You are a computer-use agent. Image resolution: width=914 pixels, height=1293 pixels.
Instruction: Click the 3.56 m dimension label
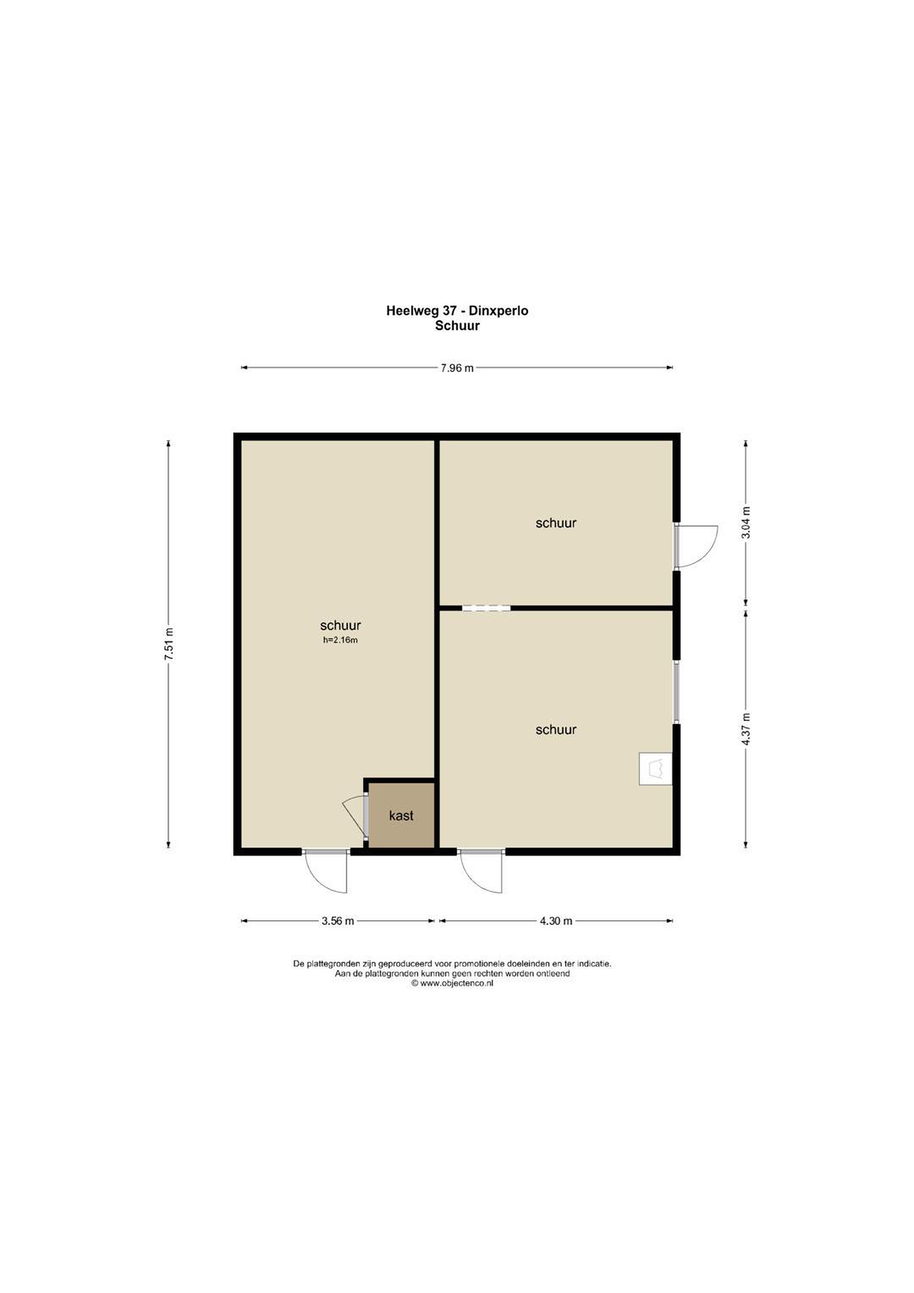pyautogui.click(x=338, y=921)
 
